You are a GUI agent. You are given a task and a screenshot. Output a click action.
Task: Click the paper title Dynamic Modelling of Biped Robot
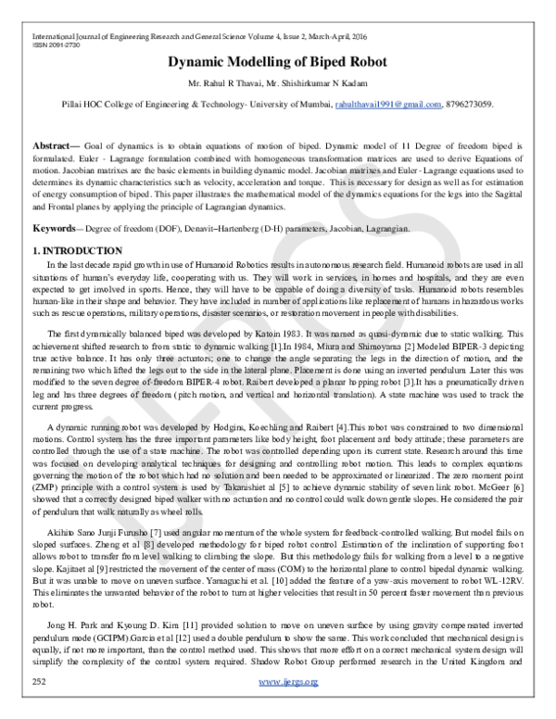(x=278, y=64)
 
